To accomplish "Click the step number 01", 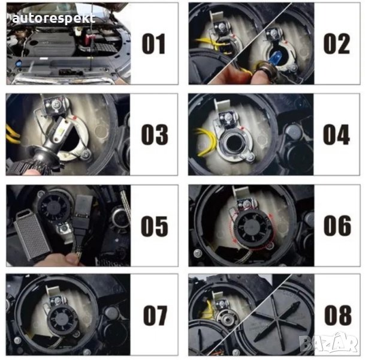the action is pos(153,44).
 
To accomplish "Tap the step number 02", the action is pos(337,44).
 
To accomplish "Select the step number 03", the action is pos(155,134).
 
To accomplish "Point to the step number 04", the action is pos(336,134).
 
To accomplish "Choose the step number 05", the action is pos(155,226).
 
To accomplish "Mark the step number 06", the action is pos(337,226).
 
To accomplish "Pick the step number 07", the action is pos(155,316).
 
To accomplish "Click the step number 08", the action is pos(338,315).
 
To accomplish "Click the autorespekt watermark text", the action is pos(54,19).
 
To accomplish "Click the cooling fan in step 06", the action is pos(251,224).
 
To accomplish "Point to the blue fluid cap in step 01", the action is pos(19,63).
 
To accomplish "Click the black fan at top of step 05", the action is pos(54,206).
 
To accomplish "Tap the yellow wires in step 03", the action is pos(12,134).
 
